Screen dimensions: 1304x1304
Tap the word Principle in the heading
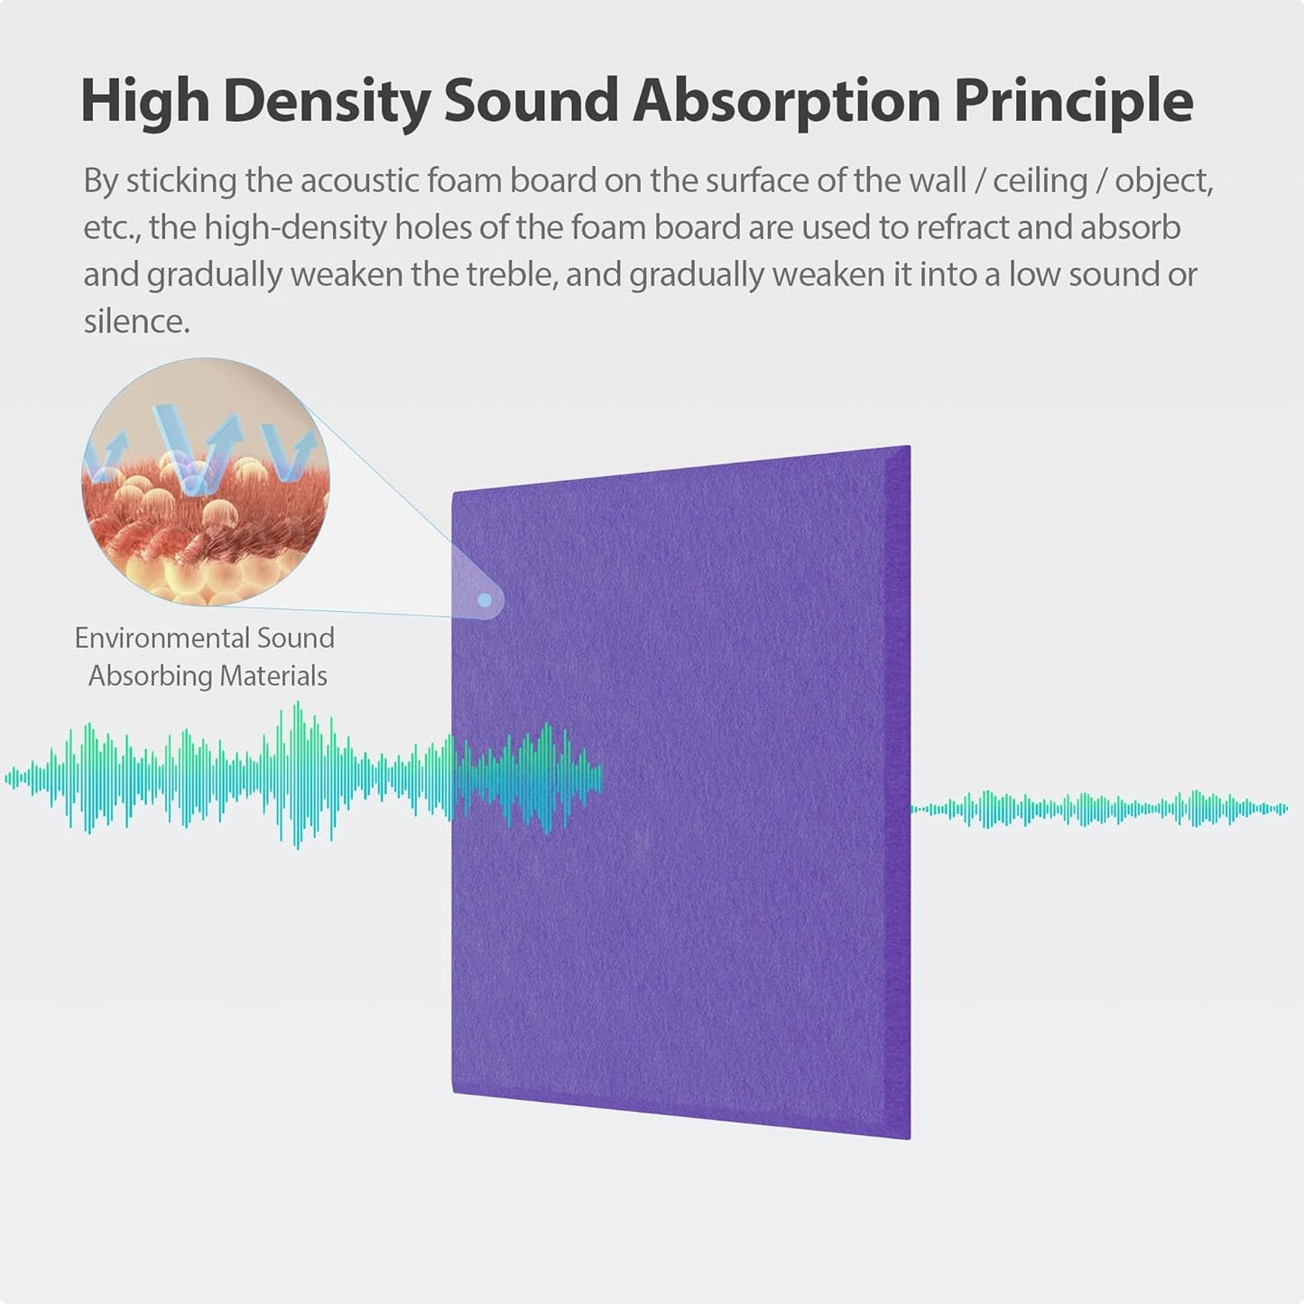point(1073,101)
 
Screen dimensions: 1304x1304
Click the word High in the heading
point(144,101)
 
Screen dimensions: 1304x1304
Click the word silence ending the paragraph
point(136,322)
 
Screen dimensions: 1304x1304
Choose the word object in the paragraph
point(1163,181)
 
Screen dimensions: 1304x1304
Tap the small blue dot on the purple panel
point(485,599)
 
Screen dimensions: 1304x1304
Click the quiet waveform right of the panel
point(1101,809)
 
